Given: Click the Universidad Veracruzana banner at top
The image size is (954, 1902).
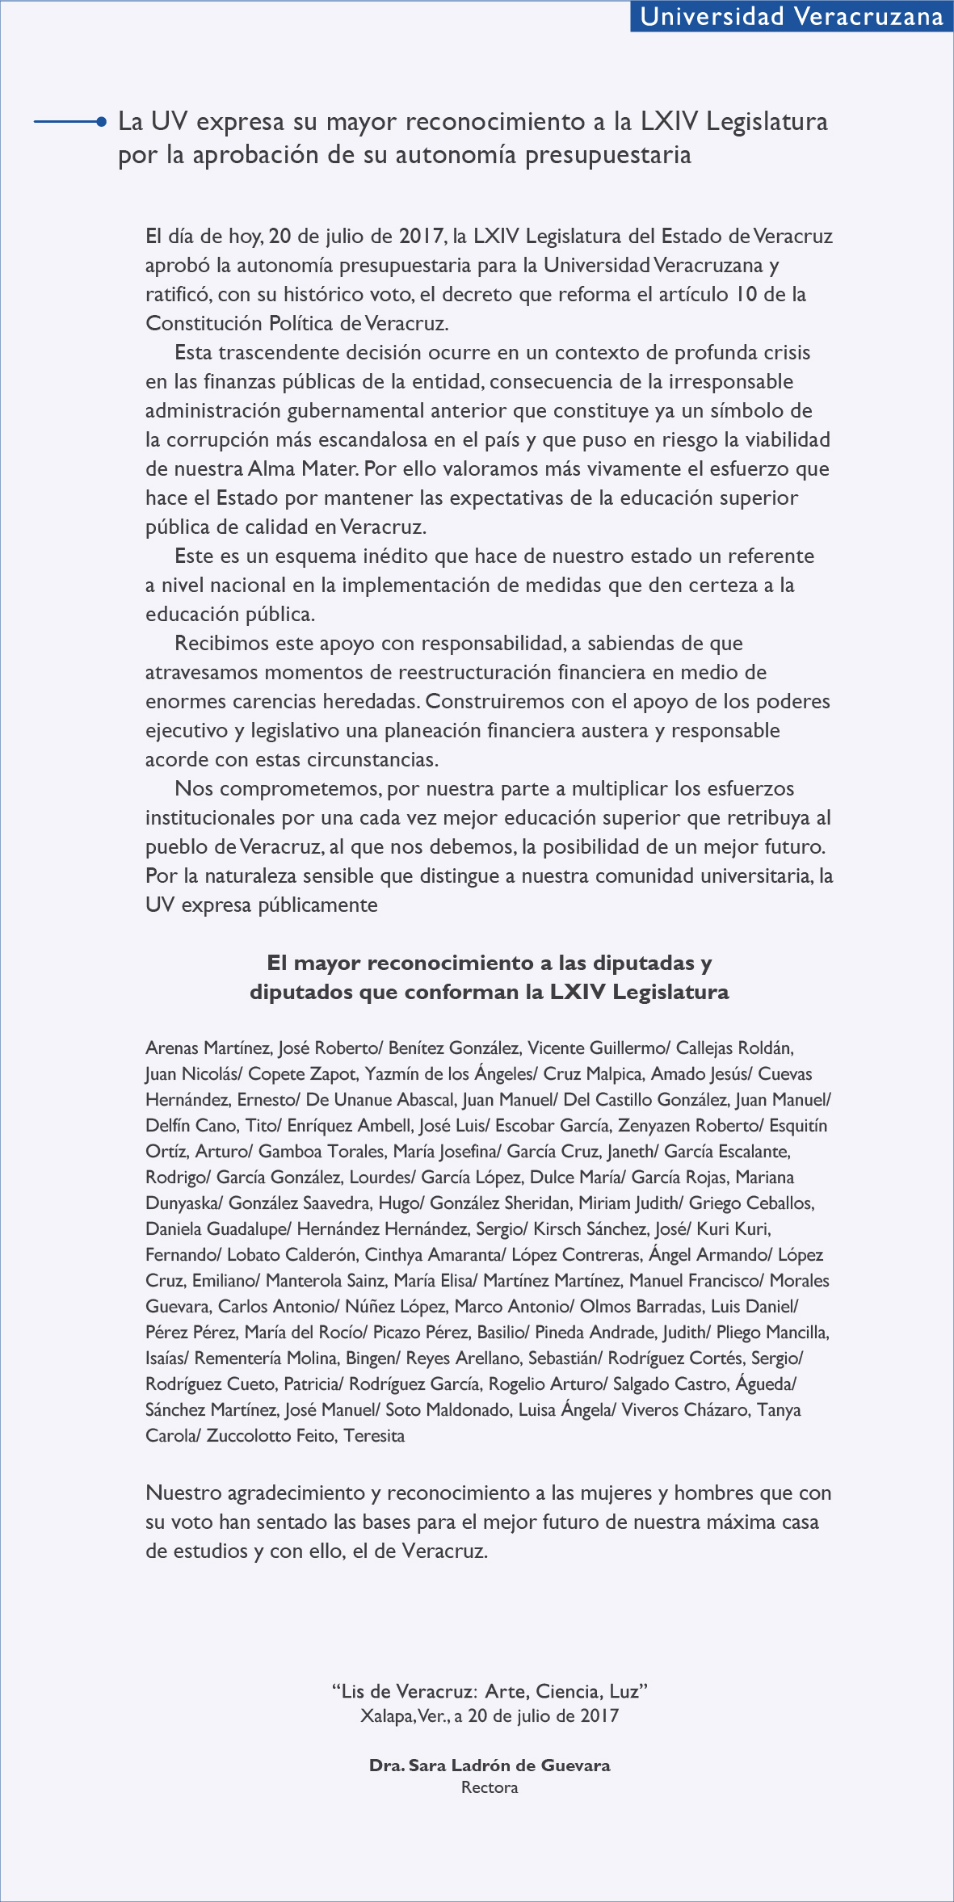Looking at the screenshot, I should click(792, 17).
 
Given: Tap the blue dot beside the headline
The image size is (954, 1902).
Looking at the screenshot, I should click(101, 122).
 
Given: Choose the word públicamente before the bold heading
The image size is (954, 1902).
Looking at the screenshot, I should click(318, 905).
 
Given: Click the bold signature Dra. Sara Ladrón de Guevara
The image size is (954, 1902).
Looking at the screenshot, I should click(490, 1765).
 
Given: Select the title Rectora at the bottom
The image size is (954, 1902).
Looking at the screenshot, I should click(490, 1787).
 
